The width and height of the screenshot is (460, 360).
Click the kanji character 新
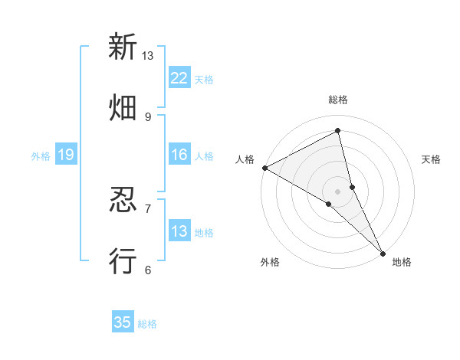(123, 47)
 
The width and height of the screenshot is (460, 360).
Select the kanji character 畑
(123, 108)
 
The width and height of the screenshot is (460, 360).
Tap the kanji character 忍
(123, 201)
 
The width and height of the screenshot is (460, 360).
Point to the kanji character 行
(123, 261)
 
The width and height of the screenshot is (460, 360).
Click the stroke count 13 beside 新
(147, 56)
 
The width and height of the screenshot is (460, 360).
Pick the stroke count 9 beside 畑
(147, 116)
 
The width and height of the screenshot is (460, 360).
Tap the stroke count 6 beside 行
(147, 270)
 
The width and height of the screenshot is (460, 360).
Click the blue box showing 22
(179, 78)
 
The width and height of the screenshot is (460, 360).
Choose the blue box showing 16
(179, 155)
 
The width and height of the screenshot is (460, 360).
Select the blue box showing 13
(179, 231)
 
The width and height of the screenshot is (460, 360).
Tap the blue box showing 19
(66, 155)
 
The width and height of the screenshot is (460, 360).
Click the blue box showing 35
(123, 322)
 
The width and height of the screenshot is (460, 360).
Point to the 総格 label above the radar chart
(338, 100)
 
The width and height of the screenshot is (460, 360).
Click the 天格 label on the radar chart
(432, 159)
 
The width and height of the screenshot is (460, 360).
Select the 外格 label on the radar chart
(270, 262)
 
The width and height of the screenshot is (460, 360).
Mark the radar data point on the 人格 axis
(264, 168)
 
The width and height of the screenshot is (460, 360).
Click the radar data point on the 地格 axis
(383, 252)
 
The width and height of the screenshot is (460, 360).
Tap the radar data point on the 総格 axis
(338, 132)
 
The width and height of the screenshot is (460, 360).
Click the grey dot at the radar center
(338, 191)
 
